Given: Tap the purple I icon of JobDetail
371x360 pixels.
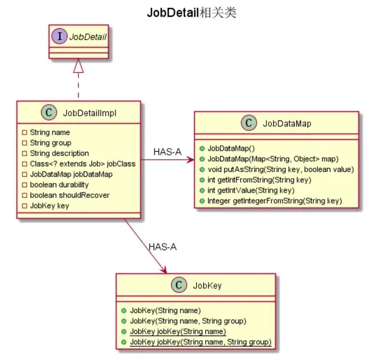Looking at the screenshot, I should [x=60, y=37].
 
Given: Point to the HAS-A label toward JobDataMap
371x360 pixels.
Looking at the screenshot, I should [x=167, y=151].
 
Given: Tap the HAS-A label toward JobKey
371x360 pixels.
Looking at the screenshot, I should [x=162, y=247].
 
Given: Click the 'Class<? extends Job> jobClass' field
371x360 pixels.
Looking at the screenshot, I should [x=82, y=164].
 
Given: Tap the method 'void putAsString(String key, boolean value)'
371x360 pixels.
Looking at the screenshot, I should [x=281, y=169].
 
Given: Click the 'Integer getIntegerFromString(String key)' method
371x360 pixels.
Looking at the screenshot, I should [x=274, y=201].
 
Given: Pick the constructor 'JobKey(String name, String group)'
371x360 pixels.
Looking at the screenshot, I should [x=187, y=320].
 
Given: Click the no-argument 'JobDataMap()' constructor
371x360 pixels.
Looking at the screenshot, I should [x=231, y=149].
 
